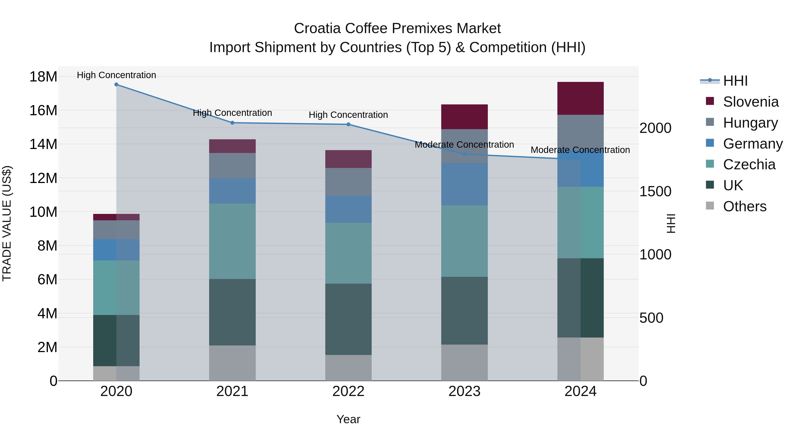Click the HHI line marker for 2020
click(116, 85)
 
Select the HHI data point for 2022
click(348, 124)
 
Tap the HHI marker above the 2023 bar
click(464, 154)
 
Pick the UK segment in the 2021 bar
click(232, 312)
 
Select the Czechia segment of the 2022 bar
click(348, 253)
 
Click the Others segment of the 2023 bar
click(464, 362)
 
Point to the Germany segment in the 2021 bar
click(232, 191)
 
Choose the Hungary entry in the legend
click(750, 123)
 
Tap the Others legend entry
click(744, 206)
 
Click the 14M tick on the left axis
click(43, 144)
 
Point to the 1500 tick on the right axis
click(655, 192)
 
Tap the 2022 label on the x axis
click(348, 391)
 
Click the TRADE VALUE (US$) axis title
click(7, 223)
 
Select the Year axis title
click(348, 419)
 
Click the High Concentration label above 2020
click(116, 75)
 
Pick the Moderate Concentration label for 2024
click(580, 150)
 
